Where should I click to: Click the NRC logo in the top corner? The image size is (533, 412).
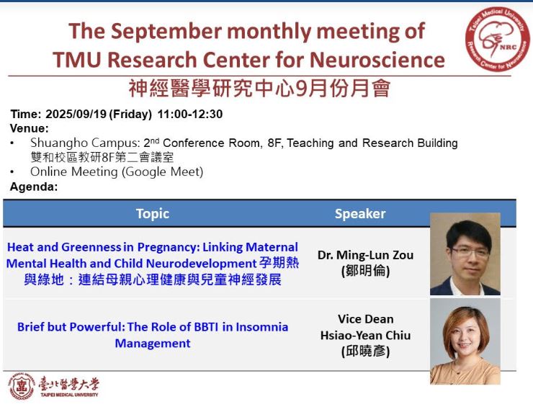[x=497, y=40]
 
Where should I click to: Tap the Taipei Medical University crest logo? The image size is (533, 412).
[x=22, y=386]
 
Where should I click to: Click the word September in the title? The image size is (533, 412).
[x=166, y=31]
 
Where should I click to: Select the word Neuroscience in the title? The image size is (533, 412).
[x=377, y=60]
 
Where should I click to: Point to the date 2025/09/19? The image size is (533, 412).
[x=76, y=114]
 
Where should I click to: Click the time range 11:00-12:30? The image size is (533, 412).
[x=190, y=114]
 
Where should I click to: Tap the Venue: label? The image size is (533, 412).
[x=30, y=128]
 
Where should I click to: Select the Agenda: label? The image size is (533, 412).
[x=34, y=187]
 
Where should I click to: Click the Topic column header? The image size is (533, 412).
[x=153, y=214]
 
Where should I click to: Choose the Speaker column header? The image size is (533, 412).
[x=360, y=214]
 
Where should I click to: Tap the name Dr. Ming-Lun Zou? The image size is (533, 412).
[x=365, y=255]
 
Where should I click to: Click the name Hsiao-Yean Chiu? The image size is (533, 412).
[x=365, y=335]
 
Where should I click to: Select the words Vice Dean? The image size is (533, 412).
[x=366, y=319]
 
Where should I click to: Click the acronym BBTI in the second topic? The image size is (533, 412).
[x=206, y=327]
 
